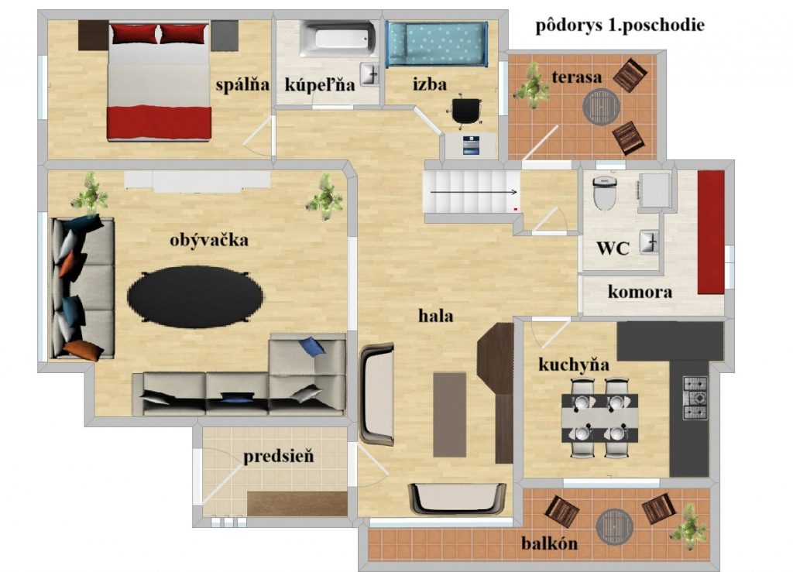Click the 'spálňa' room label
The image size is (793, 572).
click(242, 84)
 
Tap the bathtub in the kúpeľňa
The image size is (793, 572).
click(336, 39)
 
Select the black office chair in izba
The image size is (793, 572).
click(466, 110)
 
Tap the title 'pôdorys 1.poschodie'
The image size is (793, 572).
click(620, 26)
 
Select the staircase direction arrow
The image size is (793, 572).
click(474, 192)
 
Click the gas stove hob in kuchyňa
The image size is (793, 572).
click(695, 398)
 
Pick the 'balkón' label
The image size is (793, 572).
click(549, 543)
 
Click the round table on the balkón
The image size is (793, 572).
click(614, 526)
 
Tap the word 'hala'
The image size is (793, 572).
click(435, 317)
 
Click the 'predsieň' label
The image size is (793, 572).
click(279, 457)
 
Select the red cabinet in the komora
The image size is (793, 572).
click(711, 232)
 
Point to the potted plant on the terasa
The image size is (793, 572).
click(531, 85)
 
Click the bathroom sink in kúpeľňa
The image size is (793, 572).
click(369, 74)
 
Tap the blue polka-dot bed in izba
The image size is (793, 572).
click(437, 44)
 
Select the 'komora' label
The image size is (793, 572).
click(640, 292)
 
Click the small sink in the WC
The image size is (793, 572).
click(650, 242)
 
